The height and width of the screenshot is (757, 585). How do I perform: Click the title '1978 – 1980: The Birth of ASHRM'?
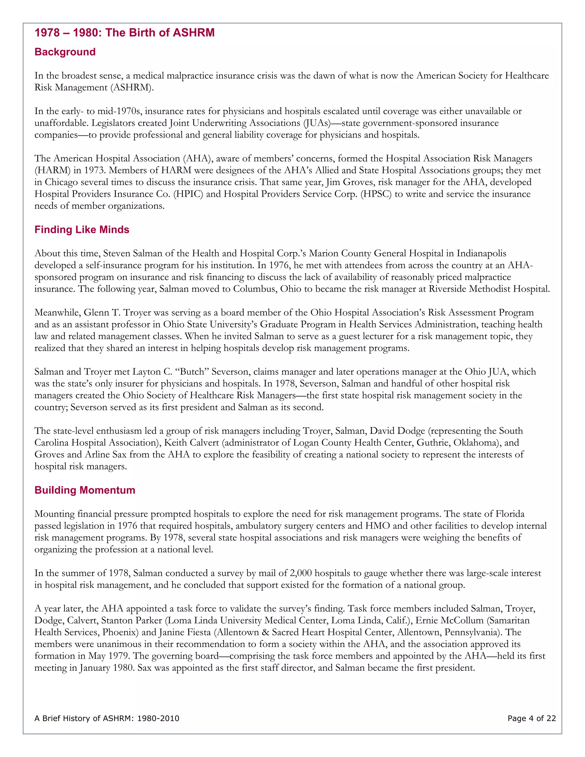125,33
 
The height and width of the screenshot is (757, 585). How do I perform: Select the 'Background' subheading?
65,52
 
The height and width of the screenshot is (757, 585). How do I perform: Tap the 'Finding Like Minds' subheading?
82,229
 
